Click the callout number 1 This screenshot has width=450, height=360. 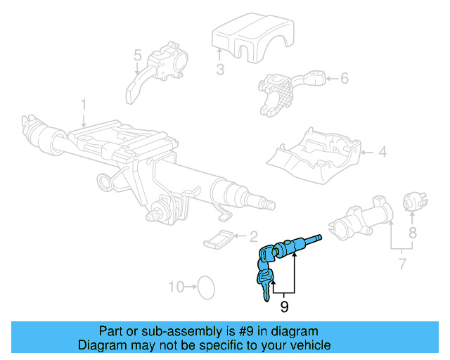coord(83,105)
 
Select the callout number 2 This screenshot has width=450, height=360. coord(254,238)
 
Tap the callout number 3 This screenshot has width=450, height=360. coord(220,70)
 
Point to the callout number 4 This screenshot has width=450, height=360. coord(382,151)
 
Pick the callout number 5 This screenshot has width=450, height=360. coord(138,55)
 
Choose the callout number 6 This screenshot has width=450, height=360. coord(345,78)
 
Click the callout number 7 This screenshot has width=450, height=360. coord(401,265)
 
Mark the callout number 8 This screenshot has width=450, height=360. coord(413,231)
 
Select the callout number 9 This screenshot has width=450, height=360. coord(284,307)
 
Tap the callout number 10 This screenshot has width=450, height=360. coord(176,286)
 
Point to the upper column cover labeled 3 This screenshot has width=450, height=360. coord(242,39)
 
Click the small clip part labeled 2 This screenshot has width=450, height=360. coord(219,239)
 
